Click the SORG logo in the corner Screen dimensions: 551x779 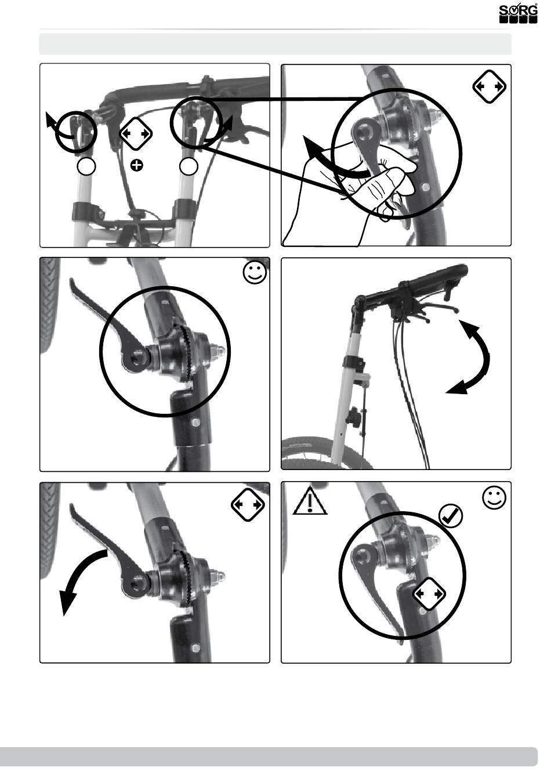pyautogui.click(x=518, y=14)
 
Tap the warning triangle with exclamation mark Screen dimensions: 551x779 pyautogui.click(x=310, y=501)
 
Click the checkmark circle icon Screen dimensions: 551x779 pyautogui.click(x=451, y=516)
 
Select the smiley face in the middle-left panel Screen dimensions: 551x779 pyautogui.click(x=255, y=272)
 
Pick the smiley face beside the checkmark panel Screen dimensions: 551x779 pyautogui.click(x=494, y=498)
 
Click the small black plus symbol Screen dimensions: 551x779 pyautogui.click(x=137, y=166)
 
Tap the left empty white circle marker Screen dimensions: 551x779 pyautogui.click(x=86, y=166)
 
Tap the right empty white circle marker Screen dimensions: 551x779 pyautogui.click(x=188, y=166)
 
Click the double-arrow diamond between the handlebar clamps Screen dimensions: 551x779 pyautogui.click(x=136, y=133)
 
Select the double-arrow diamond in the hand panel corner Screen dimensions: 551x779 pyautogui.click(x=490, y=86)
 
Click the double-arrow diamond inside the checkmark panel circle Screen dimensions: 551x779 pyautogui.click(x=429, y=594)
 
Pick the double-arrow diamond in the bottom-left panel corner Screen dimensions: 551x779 pyautogui.click(x=248, y=505)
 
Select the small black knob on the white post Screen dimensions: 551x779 pyautogui.click(x=355, y=414)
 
